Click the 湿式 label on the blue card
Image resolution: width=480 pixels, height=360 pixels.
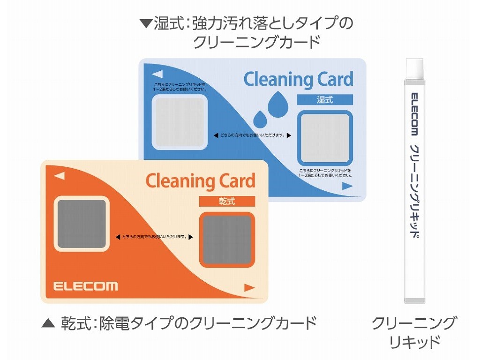coord(325,99)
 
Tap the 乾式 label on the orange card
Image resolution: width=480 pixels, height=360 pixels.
coord(227,201)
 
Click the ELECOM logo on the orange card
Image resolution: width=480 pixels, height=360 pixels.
coord(85,286)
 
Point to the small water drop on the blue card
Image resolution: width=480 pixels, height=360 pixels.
coord(260,119)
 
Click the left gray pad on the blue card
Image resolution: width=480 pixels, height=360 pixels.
coord(180,121)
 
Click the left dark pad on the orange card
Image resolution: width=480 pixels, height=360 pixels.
coord(82,223)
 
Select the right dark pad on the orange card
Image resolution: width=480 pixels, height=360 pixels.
coord(227,239)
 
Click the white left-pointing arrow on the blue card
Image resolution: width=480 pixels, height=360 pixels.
coord(157,74)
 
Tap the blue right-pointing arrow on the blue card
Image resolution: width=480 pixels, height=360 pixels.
coord(347,186)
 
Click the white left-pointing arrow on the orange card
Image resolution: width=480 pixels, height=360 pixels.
coord(59,176)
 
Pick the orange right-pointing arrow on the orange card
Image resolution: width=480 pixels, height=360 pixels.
coord(249,288)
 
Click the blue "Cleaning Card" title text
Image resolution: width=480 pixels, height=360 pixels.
coord(298,80)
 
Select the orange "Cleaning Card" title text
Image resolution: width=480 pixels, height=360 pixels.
coord(200,180)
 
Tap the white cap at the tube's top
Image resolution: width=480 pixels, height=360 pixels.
coord(414,69)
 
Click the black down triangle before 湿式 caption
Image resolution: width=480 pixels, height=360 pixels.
coord(146,22)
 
